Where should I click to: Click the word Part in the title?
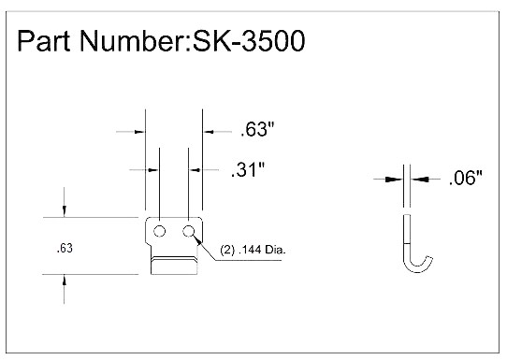pos(44,41)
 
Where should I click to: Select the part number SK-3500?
pos(249,41)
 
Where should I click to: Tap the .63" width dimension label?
pos(257,129)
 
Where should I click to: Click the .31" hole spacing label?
pos(248,169)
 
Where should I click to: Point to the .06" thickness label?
pos(465,178)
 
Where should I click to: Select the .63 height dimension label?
pos(65,248)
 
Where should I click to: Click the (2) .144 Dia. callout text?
pos(253,250)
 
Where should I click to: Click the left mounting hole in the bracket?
pos(159,231)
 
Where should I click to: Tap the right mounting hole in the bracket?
pos(188,231)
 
